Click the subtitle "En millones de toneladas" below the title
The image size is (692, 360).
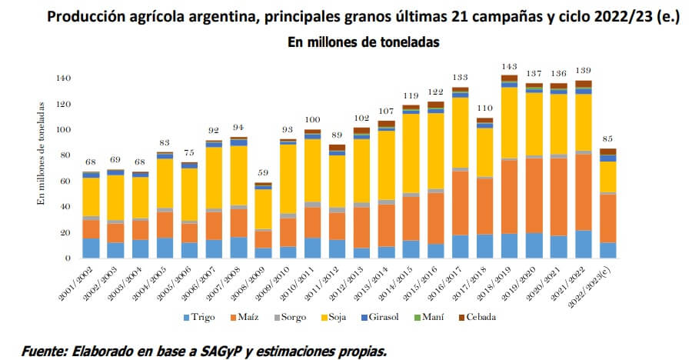coord(363,43)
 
